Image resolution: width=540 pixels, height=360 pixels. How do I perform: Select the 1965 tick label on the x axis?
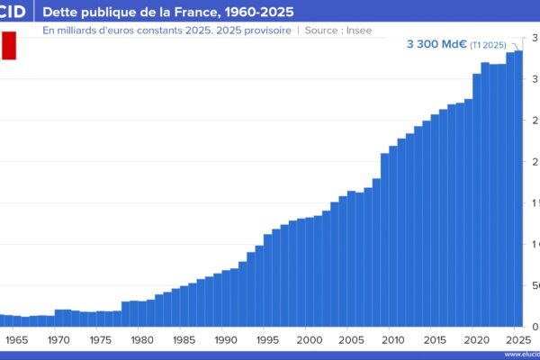[17, 340]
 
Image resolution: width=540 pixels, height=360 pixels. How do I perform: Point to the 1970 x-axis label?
[58, 340]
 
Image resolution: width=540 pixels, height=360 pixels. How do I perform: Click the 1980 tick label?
[142, 340]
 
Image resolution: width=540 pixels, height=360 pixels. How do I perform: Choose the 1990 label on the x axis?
[225, 340]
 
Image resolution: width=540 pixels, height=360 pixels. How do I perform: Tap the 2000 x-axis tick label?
[309, 340]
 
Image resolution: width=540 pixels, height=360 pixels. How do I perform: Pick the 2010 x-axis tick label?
[392, 340]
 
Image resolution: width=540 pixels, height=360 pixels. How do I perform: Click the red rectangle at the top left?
[8, 46]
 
